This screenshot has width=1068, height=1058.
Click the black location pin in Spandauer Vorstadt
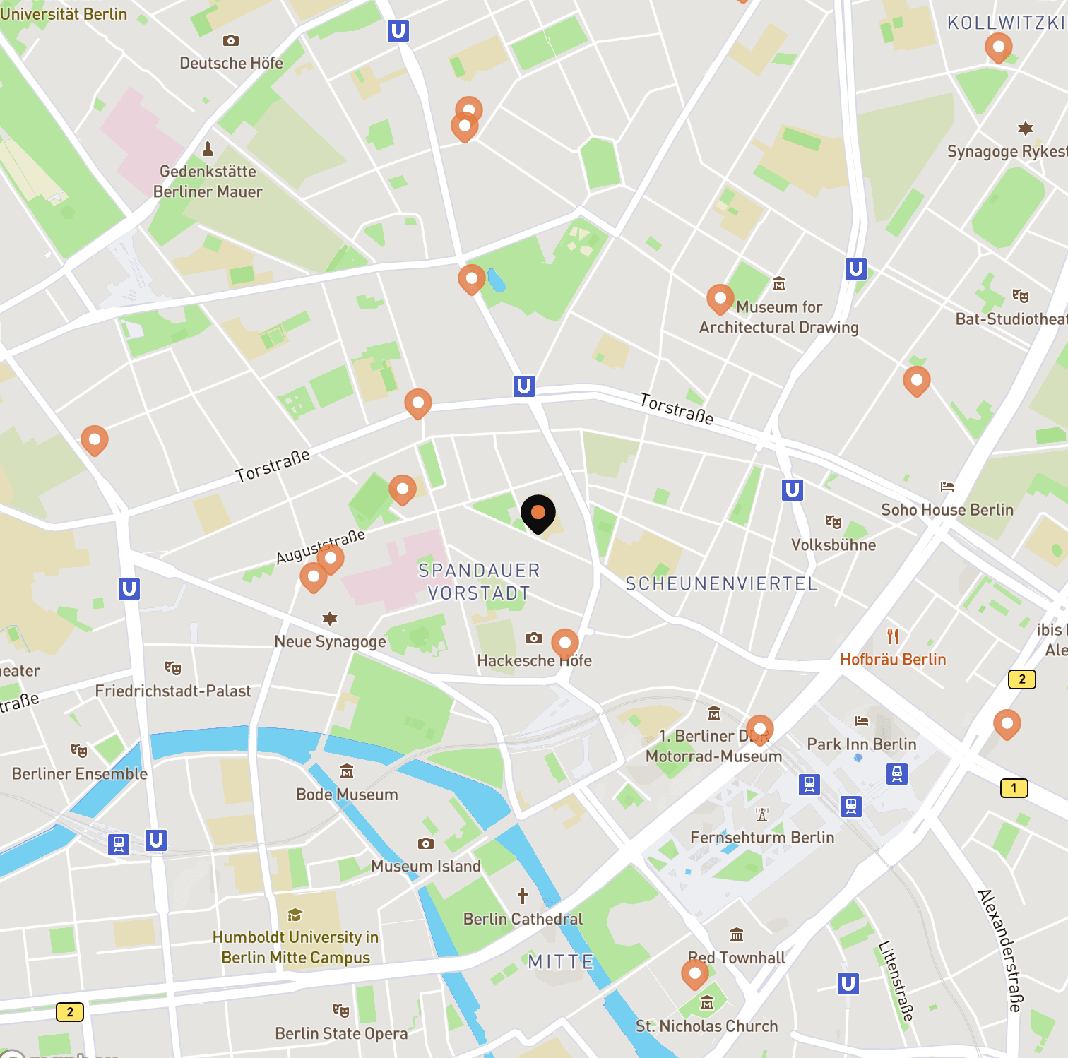(538, 513)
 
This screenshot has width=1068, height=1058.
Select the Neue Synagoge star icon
(330, 619)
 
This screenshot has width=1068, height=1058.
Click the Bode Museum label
(347, 795)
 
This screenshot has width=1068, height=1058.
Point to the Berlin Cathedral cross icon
(523, 896)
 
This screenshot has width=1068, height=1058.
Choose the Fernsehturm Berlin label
(762, 838)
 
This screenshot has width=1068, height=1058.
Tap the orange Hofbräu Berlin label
(893, 659)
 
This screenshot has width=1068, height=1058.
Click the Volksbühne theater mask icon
(833, 522)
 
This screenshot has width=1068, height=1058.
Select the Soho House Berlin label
(947, 510)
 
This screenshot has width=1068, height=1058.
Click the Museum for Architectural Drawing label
(779, 317)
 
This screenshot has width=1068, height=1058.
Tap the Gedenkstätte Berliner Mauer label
(208, 182)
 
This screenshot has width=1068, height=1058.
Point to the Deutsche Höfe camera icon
(231, 41)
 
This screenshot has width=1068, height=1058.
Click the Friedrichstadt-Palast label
(173, 691)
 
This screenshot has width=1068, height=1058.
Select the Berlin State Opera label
(341, 1033)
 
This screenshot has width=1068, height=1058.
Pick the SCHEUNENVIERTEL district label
(721, 584)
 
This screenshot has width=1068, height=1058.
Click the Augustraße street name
(321, 547)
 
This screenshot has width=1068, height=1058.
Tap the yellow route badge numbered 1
(1014, 788)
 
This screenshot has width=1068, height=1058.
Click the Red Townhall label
(737, 958)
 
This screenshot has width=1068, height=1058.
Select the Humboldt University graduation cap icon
(295, 915)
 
